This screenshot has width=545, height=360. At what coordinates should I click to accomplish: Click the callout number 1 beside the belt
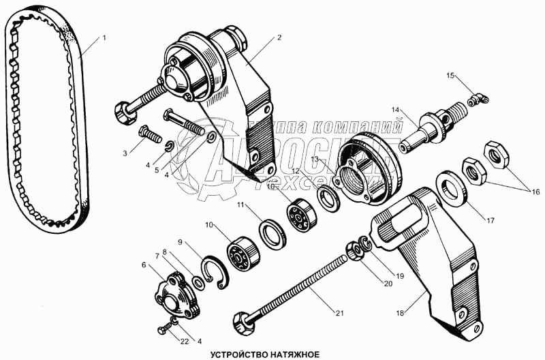[x=104, y=38]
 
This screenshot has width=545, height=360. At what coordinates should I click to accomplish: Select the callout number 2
[x=279, y=38]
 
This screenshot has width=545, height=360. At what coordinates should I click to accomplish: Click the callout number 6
[x=144, y=264]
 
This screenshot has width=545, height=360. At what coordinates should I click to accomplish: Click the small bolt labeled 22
[x=166, y=329]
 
